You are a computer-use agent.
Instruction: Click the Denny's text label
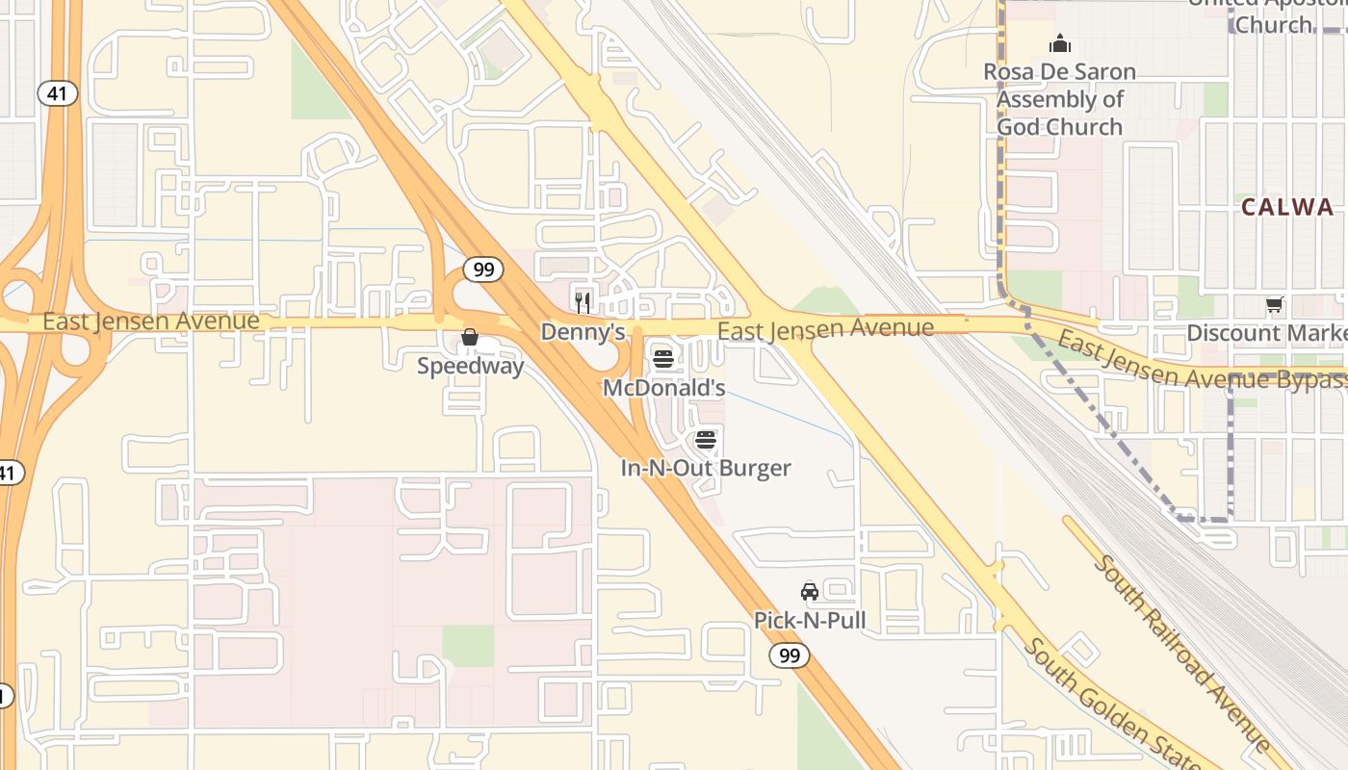click(x=583, y=332)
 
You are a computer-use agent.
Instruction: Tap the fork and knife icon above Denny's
click(x=583, y=302)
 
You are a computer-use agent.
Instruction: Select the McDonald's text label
click(x=663, y=388)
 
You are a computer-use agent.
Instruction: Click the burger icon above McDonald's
click(x=663, y=359)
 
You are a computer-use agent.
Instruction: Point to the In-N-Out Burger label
click(x=706, y=469)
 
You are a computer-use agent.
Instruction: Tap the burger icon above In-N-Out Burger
click(x=706, y=440)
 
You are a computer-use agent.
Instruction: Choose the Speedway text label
click(x=470, y=366)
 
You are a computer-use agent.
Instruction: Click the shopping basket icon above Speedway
click(x=470, y=337)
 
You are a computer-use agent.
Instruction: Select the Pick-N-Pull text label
click(x=810, y=621)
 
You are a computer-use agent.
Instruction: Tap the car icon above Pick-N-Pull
click(x=810, y=591)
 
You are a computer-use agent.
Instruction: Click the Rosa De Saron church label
click(x=1059, y=99)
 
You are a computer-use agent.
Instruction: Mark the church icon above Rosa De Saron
click(x=1060, y=43)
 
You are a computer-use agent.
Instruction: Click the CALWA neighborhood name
click(x=1287, y=207)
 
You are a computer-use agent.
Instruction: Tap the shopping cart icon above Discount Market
click(x=1274, y=305)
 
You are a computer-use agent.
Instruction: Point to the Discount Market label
click(x=1266, y=333)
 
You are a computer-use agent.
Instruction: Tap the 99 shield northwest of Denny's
click(x=483, y=269)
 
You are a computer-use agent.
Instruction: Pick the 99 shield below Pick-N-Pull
click(x=789, y=656)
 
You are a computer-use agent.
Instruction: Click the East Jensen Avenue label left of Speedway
click(x=150, y=321)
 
